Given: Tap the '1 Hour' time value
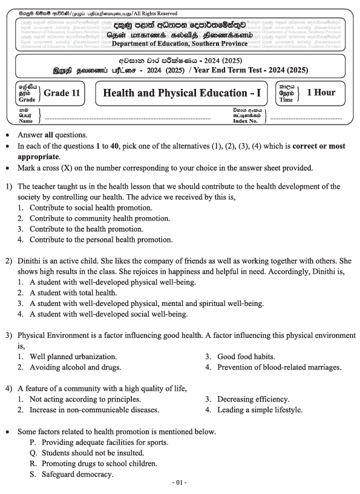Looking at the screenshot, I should coord(321,93).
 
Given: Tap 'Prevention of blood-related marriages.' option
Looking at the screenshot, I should coord(281,367).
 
